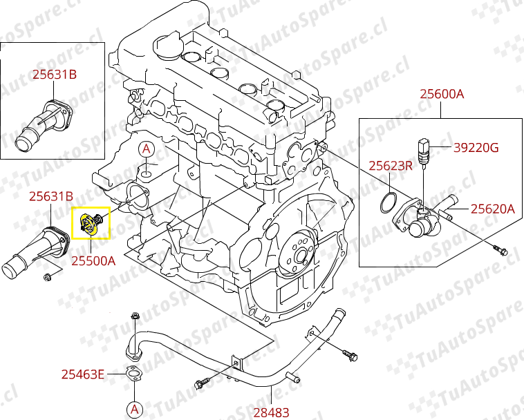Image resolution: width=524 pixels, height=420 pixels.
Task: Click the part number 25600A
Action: (442, 94)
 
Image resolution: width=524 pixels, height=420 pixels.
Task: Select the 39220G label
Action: (476, 147)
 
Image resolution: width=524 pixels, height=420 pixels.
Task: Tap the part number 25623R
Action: (390, 166)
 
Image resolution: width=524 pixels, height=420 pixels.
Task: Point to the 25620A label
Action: (493, 208)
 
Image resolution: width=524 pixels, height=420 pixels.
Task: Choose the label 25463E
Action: (82, 374)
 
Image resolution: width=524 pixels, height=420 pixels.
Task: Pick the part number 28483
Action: (270, 412)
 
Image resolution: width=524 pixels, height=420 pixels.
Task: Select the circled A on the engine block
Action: (147, 149)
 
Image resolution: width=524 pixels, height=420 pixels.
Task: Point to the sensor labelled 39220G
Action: (422, 149)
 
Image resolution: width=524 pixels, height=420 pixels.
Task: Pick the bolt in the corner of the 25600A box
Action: (498, 247)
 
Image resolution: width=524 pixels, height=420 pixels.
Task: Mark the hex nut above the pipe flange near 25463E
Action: (135, 317)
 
